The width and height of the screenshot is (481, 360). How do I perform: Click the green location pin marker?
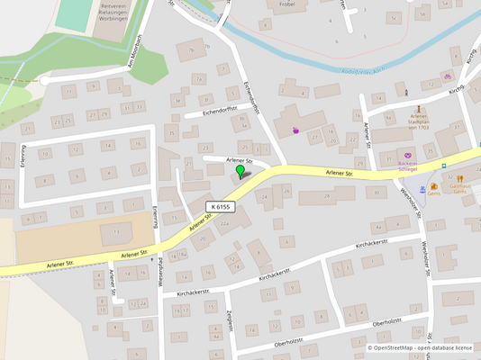[x=240, y=170]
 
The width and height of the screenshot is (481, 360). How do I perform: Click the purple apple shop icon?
[x=295, y=130]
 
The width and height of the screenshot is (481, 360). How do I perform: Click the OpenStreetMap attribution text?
[x=420, y=346]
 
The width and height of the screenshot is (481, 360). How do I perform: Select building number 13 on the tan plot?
[x=115, y=232]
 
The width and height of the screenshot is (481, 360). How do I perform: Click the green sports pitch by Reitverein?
[x=74, y=13]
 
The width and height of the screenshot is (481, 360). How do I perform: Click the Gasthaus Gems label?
[x=460, y=187]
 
